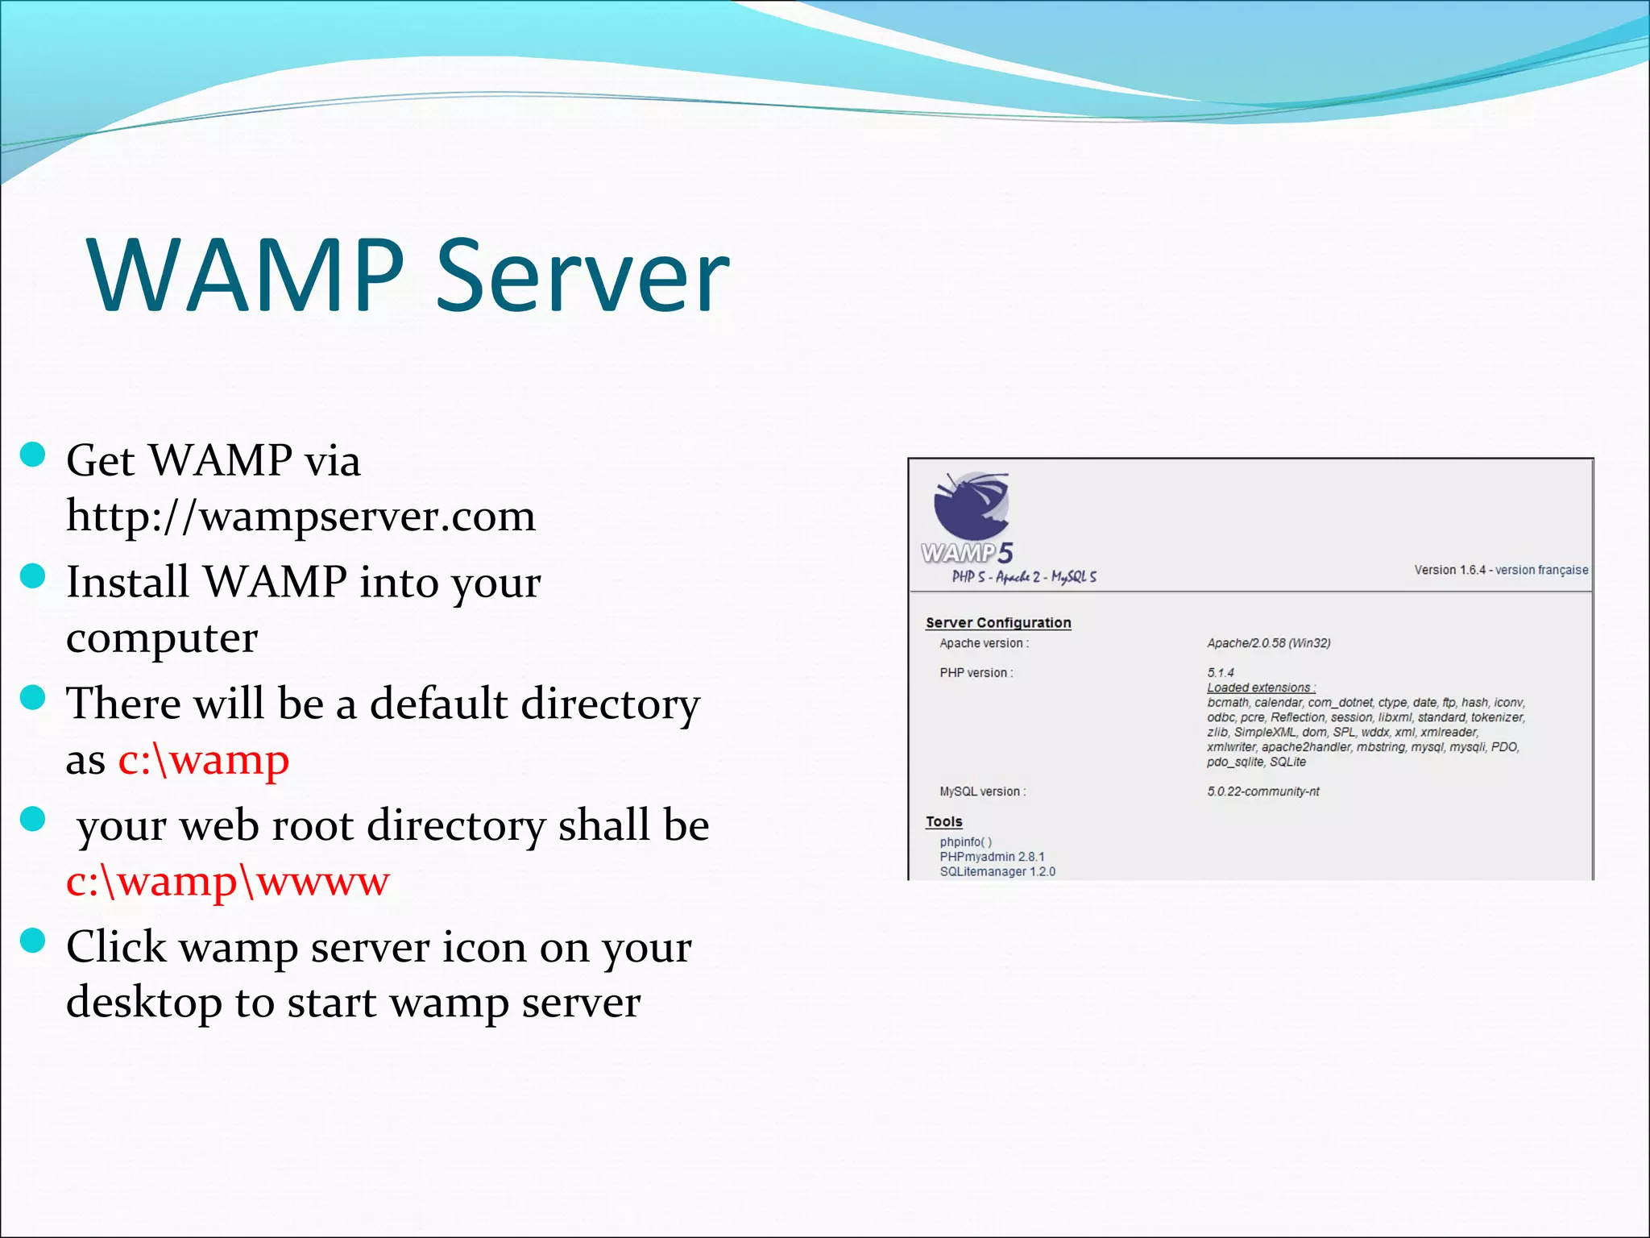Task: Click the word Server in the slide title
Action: pyautogui.click(x=582, y=276)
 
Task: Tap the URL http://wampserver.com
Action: pyautogui.click(x=301, y=516)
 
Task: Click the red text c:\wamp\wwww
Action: pyautogui.click(x=228, y=881)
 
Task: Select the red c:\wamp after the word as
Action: pyautogui.click(x=204, y=759)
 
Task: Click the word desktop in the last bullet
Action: pyautogui.click(x=144, y=1003)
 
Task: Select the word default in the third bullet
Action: pyautogui.click(x=438, y=703)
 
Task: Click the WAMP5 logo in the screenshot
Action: pyautogui.click(x=969, y=519)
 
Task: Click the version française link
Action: pyautogui.click(x=1541, y=570)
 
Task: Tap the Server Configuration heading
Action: pyautogui.click(x=998, y=622)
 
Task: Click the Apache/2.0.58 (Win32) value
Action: pyautogui.click(x=1268, y=643)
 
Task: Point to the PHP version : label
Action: pyautogui.click(x=976, y=673)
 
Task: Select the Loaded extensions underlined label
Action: pyautogui.click(x=1260, y=688)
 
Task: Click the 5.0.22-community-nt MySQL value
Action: pyautogui.click(x=1262, y=791)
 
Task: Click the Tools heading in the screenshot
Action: pyautogui.click(x=943, y=821)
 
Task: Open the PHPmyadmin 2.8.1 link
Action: pyautogui.click(x=991, y=857)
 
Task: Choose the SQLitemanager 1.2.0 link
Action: pyautogui.click(x=997, y=871)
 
